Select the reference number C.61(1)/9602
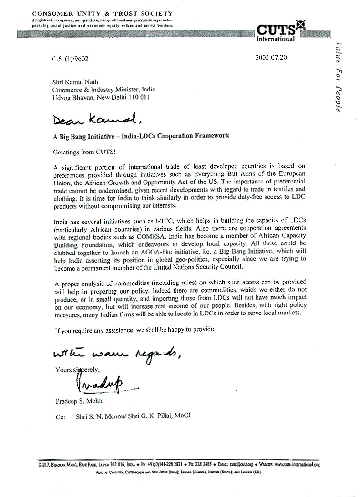coord(71,60)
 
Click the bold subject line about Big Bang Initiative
coord(141,136)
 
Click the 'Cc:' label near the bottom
coord(61,416)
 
